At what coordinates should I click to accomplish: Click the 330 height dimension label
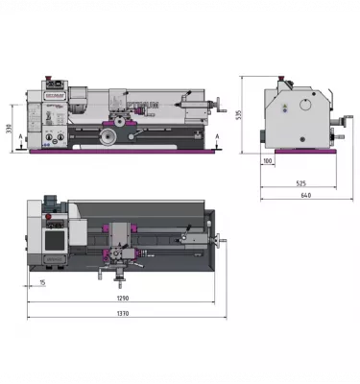(x=11, y=129)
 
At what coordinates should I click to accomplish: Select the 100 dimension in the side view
(x=267, y=160)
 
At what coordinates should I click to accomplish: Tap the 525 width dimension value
(x=300, y=183)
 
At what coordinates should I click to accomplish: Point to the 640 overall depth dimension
(x=305, y=196)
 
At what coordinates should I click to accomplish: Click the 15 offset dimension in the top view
(x=43, y=281)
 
